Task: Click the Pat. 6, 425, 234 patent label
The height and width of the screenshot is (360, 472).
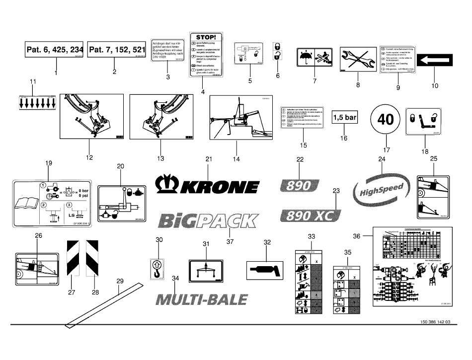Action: click(x=55, y=50)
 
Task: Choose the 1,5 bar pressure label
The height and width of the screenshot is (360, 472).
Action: click(x=344, y=118)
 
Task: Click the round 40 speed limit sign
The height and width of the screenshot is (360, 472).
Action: click(x=385, y=119)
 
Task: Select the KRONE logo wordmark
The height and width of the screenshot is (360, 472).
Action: click(x=208, y=186)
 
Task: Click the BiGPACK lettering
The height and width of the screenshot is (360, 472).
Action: click(x=207, y=219)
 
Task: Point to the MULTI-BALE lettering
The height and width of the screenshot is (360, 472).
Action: click(x=202, y=299)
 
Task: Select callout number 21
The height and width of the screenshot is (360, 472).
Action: click(x=209, y=159)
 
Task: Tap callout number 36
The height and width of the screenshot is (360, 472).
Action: click(x=356, y=235)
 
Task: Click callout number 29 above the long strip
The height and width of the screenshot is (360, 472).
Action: click(x=119, y=282)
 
